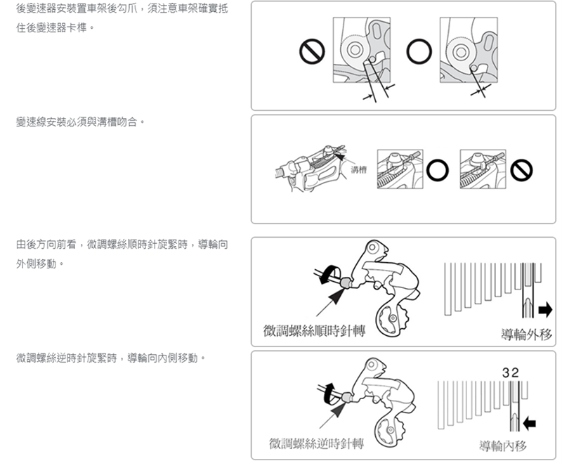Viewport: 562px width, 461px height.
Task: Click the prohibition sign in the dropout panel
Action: pos(312,51)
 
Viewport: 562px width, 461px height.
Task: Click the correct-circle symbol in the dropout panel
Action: pos(419,51)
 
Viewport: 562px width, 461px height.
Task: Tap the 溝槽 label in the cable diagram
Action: pos(359,169)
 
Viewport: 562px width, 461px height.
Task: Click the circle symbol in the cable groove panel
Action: pos(437,170)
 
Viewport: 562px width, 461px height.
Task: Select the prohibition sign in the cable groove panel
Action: pos(521,170)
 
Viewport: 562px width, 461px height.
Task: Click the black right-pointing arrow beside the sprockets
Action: pos(545,310)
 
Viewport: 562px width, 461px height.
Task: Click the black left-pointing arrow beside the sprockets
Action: pos(530,423)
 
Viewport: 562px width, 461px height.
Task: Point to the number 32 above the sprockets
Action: pos(511,373)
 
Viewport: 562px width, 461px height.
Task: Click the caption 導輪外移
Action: pos(526,335)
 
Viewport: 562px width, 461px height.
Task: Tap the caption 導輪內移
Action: pos(503,446)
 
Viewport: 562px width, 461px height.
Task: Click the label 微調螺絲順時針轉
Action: pos(314,331)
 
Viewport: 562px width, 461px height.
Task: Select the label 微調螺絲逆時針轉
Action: pos(317,444)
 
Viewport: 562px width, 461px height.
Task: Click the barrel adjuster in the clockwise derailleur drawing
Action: pos(346,282)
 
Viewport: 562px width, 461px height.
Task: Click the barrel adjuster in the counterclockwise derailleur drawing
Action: pos(346,397)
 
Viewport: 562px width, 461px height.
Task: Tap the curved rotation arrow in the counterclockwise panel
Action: pos(329,393)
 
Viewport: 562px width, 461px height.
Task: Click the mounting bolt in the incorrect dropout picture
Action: pos(355,49)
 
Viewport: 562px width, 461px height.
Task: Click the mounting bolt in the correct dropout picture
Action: pos(459,51)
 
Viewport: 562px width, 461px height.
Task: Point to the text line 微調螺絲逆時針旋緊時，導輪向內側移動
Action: pos(111,358)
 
